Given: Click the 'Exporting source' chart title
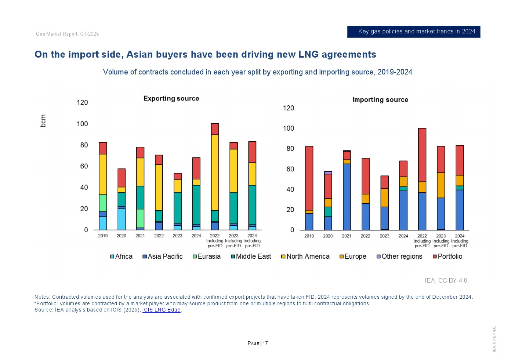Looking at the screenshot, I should pos(171,98).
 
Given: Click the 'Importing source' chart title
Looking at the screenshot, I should pos(380,99).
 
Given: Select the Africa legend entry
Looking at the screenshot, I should pos(122,256).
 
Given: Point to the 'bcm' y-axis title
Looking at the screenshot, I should pos(43,121).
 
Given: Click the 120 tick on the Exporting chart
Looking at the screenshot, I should pos(82,102).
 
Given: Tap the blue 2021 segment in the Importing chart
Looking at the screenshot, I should pos(347,197).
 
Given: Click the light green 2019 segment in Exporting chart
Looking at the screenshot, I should pos(103,203).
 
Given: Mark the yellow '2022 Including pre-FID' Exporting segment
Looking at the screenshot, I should pos(215,172).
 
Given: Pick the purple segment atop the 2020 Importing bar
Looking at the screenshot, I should pos(328,172).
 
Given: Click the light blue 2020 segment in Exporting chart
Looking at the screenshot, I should pos(122,219).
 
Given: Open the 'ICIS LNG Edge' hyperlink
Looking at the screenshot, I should pos(161,310).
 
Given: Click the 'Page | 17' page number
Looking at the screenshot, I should pos(258,343).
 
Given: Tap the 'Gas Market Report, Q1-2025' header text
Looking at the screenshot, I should pos(68,34).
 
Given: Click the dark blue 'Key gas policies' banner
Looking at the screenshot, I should pos(414,32).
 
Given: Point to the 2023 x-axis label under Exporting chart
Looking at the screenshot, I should pos(177,236).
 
